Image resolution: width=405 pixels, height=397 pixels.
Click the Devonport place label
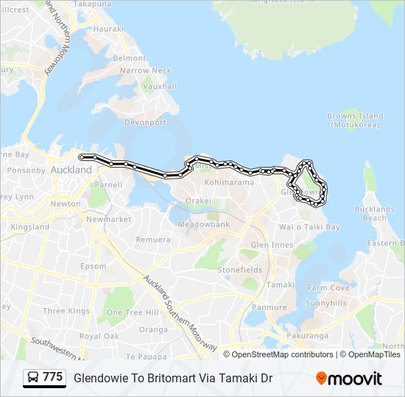(x=147, y=123)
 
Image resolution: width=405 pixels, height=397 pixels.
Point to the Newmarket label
(x=108, y=219)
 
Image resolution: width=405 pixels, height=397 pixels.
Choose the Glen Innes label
(x=272, y=245)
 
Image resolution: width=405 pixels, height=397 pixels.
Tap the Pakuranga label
(x=308, y=336)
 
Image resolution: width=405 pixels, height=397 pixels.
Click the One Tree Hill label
(x=133, y=312)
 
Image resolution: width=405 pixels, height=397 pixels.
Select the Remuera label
(x=153, y=240)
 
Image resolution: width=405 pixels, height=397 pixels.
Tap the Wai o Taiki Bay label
(x=309, y=227)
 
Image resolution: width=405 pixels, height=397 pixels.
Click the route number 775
(x=53, y=377)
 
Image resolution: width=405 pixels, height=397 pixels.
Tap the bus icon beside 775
(x=33, y=378)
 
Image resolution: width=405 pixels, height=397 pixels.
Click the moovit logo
(x=349, y=378)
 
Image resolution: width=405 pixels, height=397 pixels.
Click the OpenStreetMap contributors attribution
(x=283, y=354)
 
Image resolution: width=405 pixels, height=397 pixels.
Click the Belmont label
(x=130, y=58)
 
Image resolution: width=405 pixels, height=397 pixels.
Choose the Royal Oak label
(x=99, y=336)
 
